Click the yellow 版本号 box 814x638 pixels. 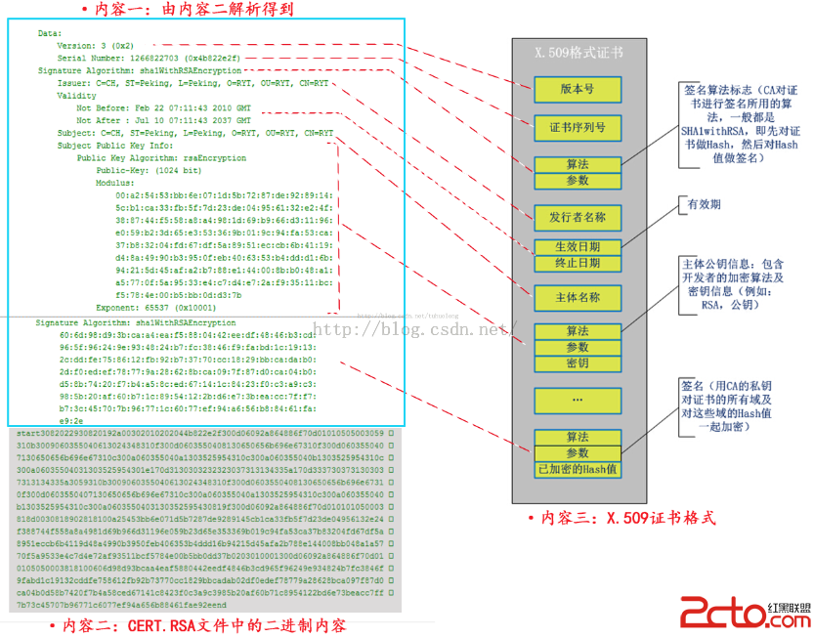pyautogui.click(x=577, y=89)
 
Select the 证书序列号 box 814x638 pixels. pyautogui.click(x=577, y=127)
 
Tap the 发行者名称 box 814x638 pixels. pyautogui.click(x=577, y=216)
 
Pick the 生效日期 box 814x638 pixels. pyautogui.click(x=577, y=247)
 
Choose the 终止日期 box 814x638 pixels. pyautogui.click(x=577, y=264)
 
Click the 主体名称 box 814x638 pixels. pyautogui.click(x=577, y=297)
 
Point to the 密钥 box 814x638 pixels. pyautogui.click(x=577, y=364)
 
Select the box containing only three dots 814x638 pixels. pyautogui.click(x=577, y=400)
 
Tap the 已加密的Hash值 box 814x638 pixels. pyautogui.click(x=577, y=470)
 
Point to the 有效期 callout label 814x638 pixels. pyautogui.click(x=704, y=206)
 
